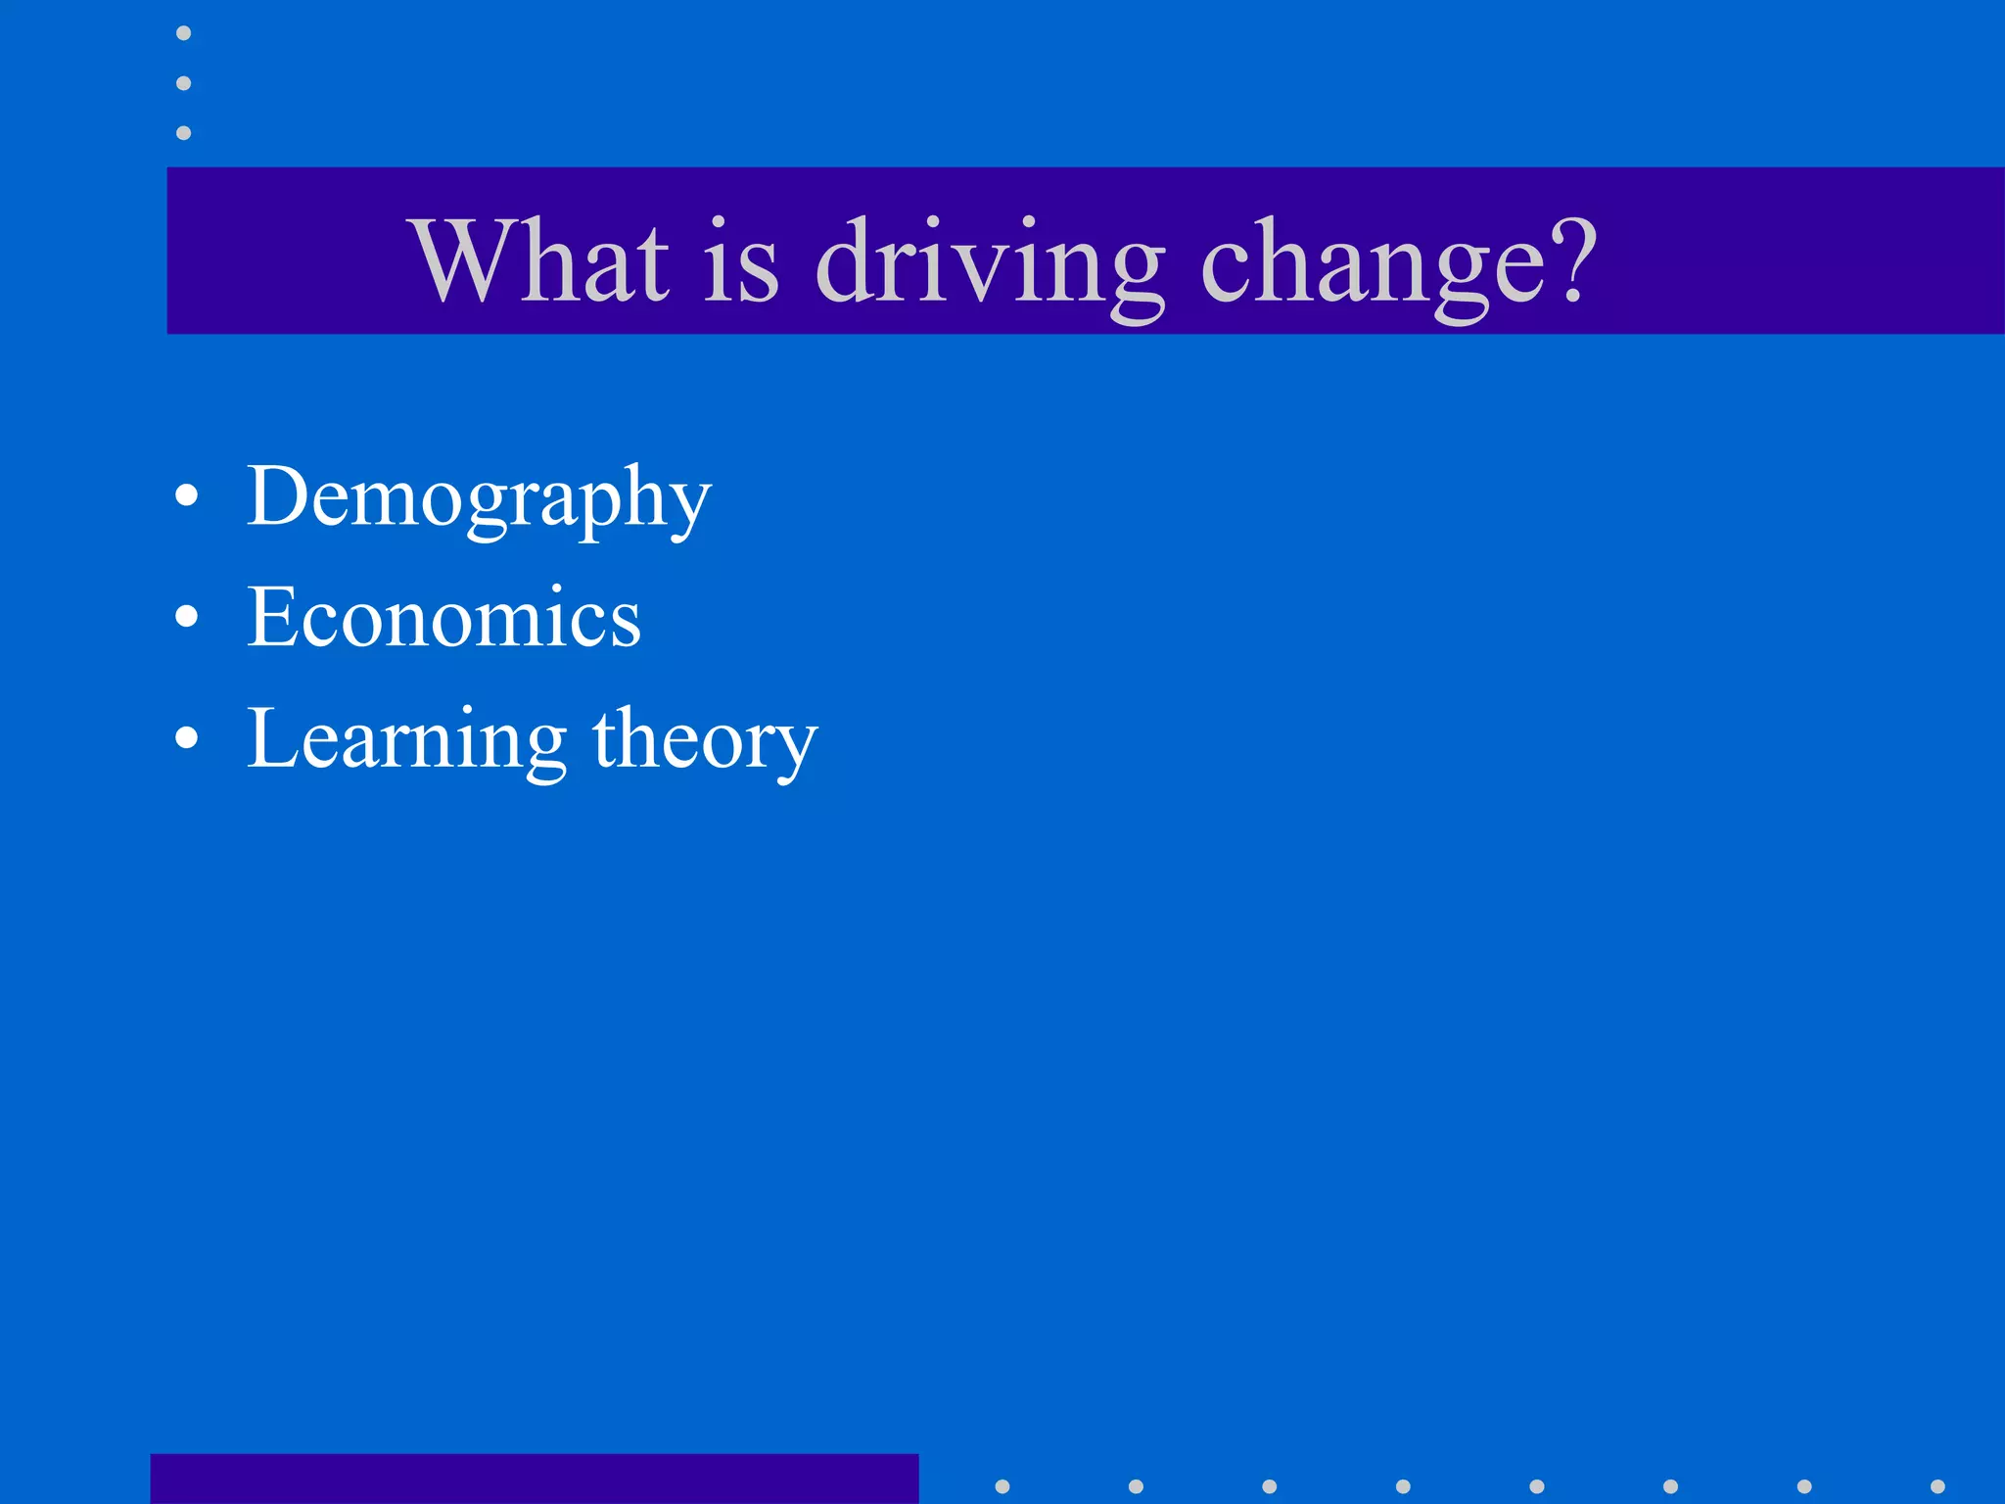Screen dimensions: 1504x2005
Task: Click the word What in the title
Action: [x=542, y=259]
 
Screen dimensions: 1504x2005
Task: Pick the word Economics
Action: [x=443, y=617]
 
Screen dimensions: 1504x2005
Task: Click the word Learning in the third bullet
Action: [x=406, y=740]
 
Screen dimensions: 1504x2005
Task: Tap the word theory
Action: [x=705, y=740]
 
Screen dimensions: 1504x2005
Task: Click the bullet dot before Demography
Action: [x=186, y=496]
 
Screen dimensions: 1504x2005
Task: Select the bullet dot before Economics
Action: [x=186, y=617]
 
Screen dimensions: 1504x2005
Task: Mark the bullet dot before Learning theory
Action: [x=186, y=738]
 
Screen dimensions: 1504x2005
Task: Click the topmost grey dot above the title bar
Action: [x=183, y=33]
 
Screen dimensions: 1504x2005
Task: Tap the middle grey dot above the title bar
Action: [x=183, y=83]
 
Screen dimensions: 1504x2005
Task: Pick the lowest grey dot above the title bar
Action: [x=183, y=132]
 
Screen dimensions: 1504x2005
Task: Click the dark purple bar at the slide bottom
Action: [x=535, y=1479]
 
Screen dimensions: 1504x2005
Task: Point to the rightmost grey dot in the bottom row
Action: [x=1937, y=1486]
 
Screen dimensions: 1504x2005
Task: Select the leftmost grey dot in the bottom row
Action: [x=1002, y=1486]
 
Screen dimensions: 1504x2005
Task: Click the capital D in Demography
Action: [x=277, y=495]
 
